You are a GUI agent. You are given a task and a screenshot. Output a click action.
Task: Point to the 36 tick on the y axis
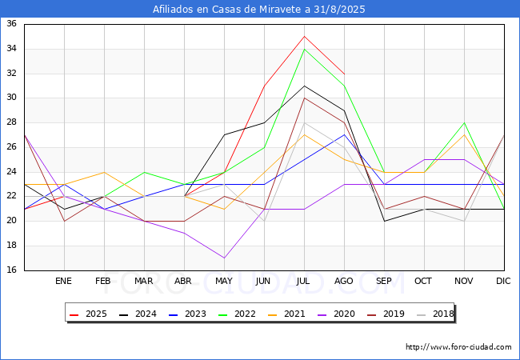[x=12, y=24]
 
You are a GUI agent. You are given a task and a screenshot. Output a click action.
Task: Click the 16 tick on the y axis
[x=12, y=270]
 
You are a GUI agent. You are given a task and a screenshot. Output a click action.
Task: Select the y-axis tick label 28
[x=12, y=122]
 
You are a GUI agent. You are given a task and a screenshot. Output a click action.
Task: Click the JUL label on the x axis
[x=304, y=281]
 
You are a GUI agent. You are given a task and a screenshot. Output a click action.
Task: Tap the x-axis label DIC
[x=504, y=281]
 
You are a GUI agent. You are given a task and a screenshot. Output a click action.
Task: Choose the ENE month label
[x=64, y=281]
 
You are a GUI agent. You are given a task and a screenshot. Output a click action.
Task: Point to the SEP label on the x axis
[x=384, y=281]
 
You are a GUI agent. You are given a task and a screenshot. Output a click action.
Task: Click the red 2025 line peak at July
[x=304, y=36]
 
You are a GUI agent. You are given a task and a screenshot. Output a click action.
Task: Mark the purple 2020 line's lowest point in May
[x=224, y=258]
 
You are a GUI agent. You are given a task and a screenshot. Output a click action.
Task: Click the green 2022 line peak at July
[x=304, y=49]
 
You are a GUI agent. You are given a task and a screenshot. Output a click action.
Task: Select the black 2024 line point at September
[x=384, y=221]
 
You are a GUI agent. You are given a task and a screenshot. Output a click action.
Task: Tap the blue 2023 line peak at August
[x=344, y=134]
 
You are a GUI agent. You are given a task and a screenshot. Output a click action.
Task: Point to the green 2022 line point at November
[x=464, y=122]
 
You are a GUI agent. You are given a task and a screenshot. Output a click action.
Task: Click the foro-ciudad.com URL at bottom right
[x=458, y=347]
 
